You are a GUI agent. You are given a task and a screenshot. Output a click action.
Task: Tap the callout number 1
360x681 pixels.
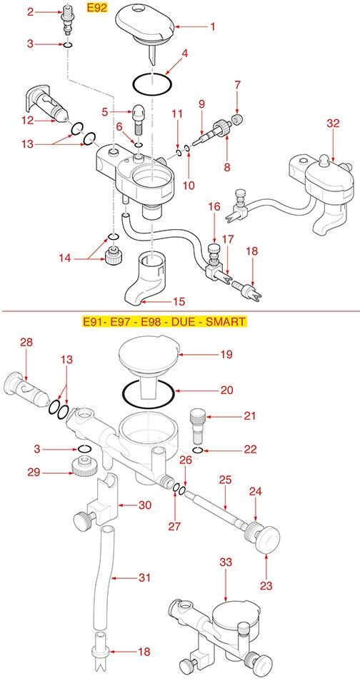[213, 27]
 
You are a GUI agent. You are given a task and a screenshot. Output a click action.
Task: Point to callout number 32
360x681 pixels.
[333, 123]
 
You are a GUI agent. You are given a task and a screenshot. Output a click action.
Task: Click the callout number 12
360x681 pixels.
[28, 120]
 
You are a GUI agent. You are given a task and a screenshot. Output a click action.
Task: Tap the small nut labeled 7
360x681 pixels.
[237, 119]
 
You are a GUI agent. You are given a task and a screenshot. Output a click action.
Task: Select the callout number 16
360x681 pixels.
[214, 206]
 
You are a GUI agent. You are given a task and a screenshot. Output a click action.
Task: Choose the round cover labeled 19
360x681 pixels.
[149, 357]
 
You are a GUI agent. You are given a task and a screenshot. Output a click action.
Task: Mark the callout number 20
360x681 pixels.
[226, 390]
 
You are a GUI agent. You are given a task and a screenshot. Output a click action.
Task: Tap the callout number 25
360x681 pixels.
[225, 480]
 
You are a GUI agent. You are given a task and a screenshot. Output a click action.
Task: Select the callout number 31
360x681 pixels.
[144, 577]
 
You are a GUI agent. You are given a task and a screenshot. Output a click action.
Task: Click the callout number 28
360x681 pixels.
[26, 342]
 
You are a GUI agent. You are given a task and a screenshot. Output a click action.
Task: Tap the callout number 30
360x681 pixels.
[144, 505]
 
